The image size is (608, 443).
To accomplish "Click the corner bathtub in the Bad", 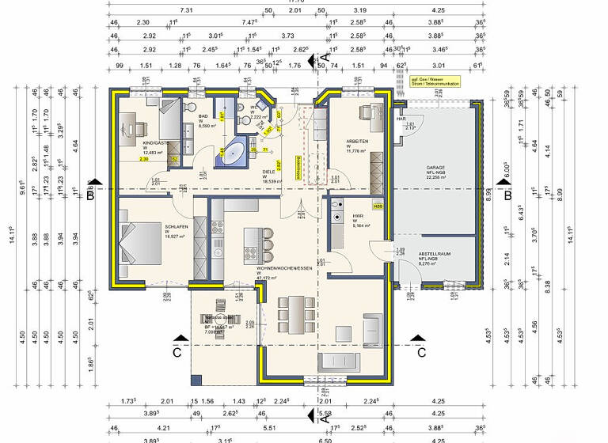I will [230, 154].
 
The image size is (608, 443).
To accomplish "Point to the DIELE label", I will [268, 171].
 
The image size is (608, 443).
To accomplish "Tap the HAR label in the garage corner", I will [401, 119].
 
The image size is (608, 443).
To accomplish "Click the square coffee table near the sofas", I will [344, 331].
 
